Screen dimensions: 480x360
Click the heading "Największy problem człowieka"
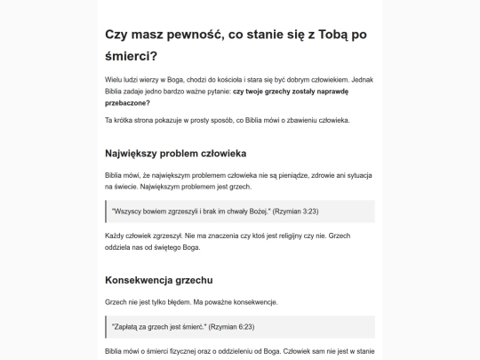tap(182, 153)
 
